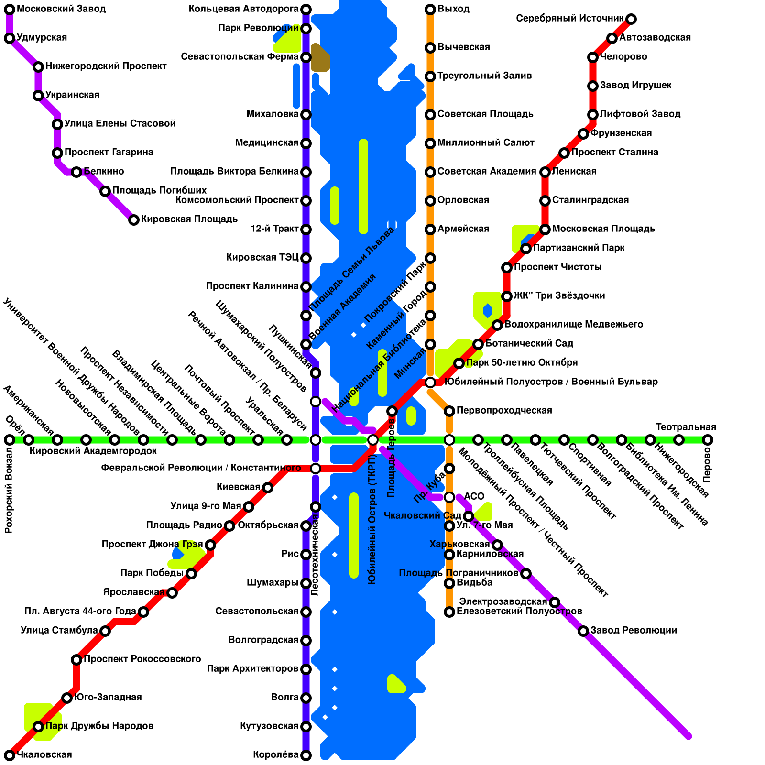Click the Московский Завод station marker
pyautogui.click(x=10, y=10)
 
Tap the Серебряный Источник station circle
pyautogui.click(x=631, y=19)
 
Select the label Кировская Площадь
pyautogui.click(x=189, y=219)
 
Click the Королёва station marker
pyautogui.click(x=306, y=755)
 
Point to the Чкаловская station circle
pyautogui.click(x=10, y=755)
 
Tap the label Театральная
pyautogui.click(x=686, y=427)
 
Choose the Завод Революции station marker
pyautogui.click(x=583, y=631)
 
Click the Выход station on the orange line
pyautogui.click(x=430, y=10)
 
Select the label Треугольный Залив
pyautogui.click(x=484, y=76)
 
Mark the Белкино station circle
pyautogui.click(x=76, y=172)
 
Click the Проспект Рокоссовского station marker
pyautogui.click(x=76, y=660)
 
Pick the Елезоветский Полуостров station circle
pyautogui.click(x=449, y=612)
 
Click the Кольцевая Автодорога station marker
pyautogui.click(x=306, y=10)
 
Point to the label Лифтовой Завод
pyautogui.click(x=640, y=114)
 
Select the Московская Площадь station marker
pyautogui.click(x=545, y=229)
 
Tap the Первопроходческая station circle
pyautogui.click(x=449, y=411)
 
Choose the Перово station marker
pyautogui.click(x=708, y=440)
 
